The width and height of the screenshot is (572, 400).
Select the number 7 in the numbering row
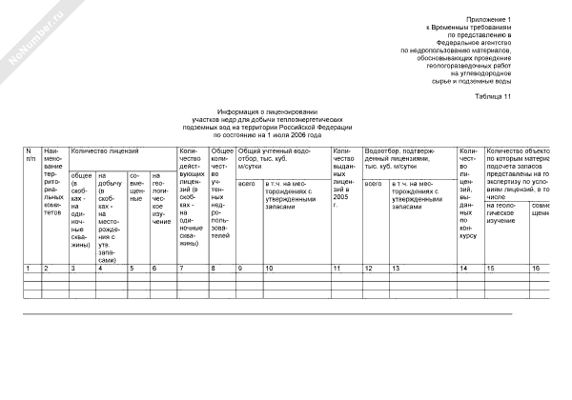[181, 269]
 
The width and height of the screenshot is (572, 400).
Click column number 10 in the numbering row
[268, 269]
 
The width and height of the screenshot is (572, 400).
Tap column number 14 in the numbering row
[463, 269]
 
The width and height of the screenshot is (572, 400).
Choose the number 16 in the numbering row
[537, 269]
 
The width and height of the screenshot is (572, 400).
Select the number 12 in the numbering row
[368, 269]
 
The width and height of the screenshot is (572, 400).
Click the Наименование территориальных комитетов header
[54, 181]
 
